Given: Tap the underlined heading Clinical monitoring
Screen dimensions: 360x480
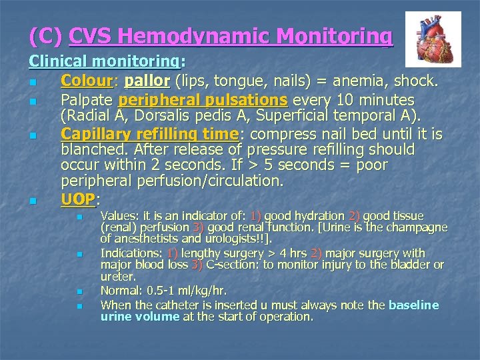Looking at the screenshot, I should pos(103,62).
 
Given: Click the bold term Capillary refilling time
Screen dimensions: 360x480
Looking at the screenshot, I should pos(150,134).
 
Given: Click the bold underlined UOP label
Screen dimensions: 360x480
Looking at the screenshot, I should pos(78,199).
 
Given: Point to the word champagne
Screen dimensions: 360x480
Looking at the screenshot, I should pos(414,227).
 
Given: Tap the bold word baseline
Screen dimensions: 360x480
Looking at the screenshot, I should pos(413,305).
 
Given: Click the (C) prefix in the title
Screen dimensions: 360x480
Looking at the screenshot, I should pos(46,36).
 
